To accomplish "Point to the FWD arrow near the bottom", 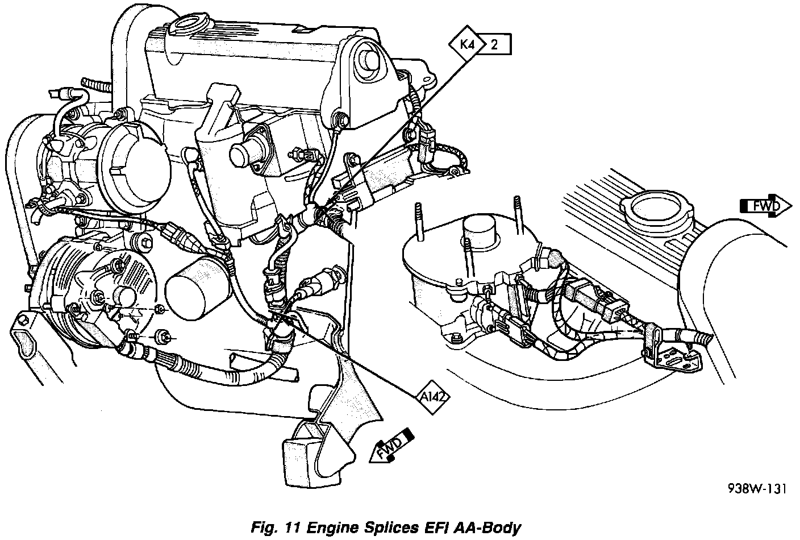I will (x=391, y=446).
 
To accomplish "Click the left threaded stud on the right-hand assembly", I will (x=419, y=222).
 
